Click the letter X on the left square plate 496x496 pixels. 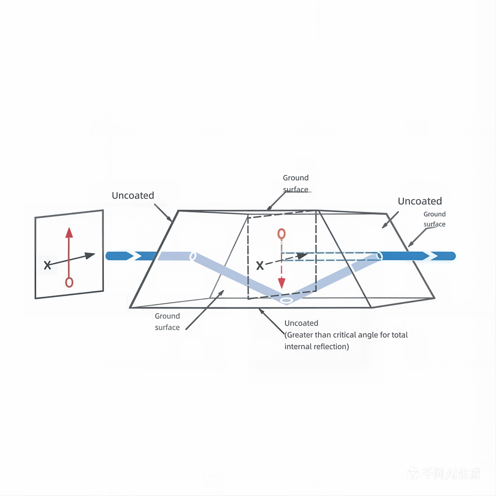click(x=48, y=265)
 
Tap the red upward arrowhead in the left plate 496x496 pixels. click(x=69, y=233)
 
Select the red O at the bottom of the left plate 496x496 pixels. click(x=69, y=282)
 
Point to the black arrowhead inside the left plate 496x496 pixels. click(x=90, y=256)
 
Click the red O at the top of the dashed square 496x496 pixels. click(x=282, y=234)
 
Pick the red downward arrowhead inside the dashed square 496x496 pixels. click(x=282, y=283)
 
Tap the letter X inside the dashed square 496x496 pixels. click(x=260, y=266)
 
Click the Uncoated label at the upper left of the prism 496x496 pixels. click(x=133, y=195)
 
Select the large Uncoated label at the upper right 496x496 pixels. click(x=420, y=201)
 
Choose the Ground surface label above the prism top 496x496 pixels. click(x=296, y=183)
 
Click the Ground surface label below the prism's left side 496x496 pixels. click(x=167, y=321)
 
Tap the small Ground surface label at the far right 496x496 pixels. click(x=435, y=219)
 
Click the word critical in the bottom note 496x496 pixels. click(x=347, y=335)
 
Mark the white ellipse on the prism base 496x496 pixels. click(x=287, y=300)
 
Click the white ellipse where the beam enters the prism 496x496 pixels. click(x=193, y=256)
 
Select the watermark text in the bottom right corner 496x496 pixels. click(x=443, y=474)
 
